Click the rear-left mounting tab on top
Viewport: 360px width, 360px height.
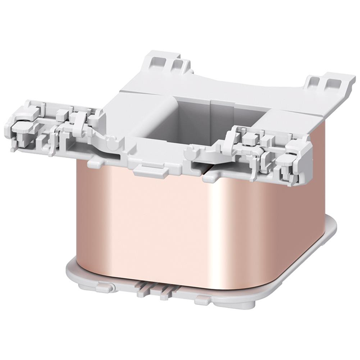[x=167, y=62]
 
